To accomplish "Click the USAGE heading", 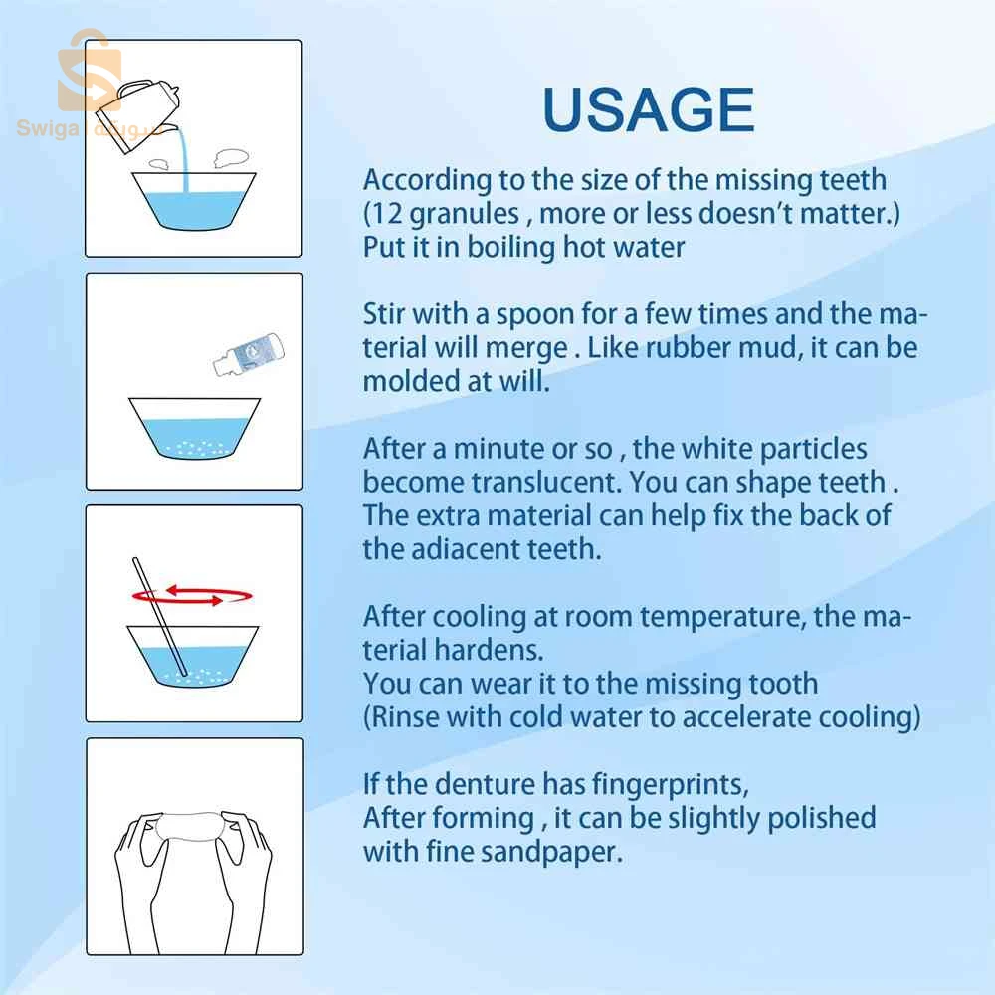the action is click(x=649, y=109).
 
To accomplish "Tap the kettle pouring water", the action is click(x=138, y=113).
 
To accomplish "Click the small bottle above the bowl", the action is click(x=248, y=354).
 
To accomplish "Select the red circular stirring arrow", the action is click(x=192, y=595).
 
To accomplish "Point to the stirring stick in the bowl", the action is click(x=160, y=616).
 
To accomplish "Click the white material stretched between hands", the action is click(x=188, y=826).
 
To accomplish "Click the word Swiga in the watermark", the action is click(x=48, y=128).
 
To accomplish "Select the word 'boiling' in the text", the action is click(x=510, y=248).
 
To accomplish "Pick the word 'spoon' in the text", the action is click(x=535, y=315).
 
